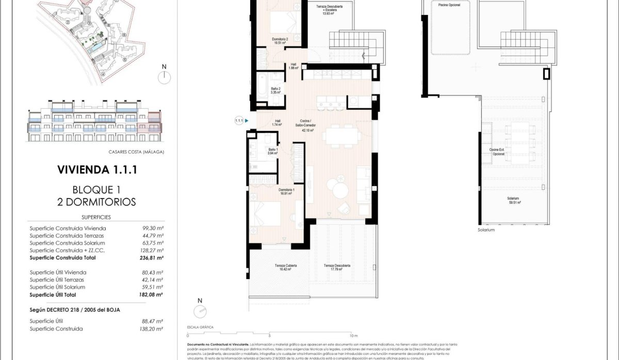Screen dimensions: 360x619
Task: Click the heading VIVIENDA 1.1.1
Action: pos(96,170)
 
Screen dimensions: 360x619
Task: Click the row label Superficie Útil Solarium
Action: pos(57,287)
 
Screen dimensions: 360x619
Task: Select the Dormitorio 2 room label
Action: pos(280,41)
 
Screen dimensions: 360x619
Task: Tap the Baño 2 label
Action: pos(275,91)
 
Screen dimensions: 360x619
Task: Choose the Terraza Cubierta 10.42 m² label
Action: pos(285,267)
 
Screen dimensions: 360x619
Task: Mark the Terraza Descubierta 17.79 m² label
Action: pos(337,267)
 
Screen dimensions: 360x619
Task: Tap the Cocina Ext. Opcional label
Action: pos(498,152)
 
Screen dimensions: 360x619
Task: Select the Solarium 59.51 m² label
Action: pos(513,201)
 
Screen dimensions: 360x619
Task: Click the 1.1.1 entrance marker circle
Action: pos(239,121)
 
